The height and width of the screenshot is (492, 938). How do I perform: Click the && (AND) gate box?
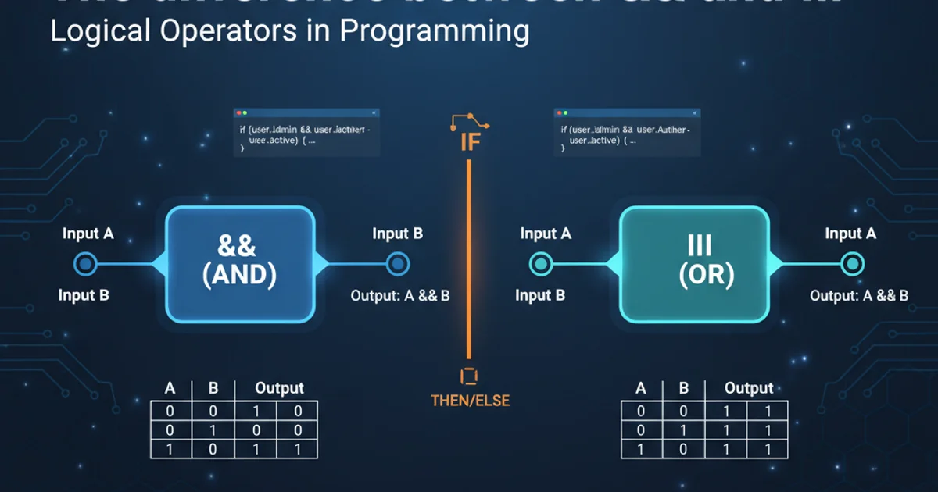[239, 263]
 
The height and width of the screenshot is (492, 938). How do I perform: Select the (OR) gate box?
[694, 263]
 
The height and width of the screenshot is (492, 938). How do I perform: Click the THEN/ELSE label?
[470, 401]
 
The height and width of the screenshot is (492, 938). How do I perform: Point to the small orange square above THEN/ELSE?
[469, 376]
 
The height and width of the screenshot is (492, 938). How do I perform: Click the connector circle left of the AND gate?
[85, 264]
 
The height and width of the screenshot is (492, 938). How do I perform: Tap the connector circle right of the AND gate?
[397, 264]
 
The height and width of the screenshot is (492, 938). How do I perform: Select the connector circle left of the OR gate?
[540, 264]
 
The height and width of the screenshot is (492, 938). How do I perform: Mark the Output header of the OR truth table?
[748, 388]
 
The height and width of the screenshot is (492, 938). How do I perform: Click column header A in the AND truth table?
[170, 388]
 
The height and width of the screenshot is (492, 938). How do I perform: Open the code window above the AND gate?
[306, 133]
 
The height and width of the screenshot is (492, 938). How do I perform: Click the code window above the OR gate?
[627, 133]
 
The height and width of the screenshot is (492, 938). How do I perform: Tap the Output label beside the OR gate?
[859, 296]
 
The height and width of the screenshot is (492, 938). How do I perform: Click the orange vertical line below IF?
[468, 258]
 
